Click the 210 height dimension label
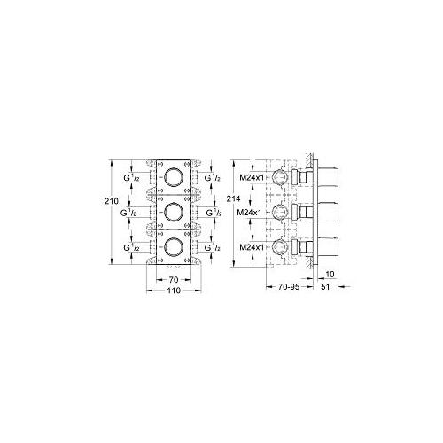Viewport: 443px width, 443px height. pos(111,203)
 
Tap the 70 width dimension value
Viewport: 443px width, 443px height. pos(174,279)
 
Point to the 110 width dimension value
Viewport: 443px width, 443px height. pos(174,291)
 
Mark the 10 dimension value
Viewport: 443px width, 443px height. pos(329,275)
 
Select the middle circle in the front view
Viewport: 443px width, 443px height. pos(174,212)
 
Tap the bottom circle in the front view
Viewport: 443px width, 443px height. pos(174,247)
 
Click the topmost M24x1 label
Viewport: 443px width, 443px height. pos(253,177)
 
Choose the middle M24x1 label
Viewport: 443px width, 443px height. pos(253,212)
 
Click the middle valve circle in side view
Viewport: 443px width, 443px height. pos(281,212)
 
